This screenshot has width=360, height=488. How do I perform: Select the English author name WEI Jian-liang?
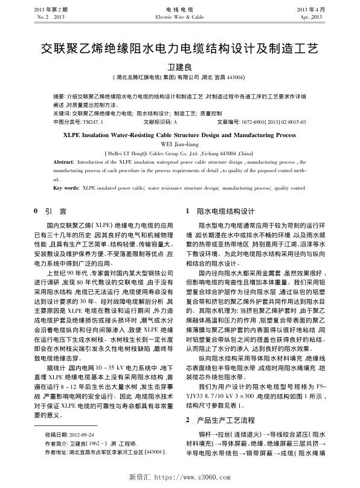tap(179, 145)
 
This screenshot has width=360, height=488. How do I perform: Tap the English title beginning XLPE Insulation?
tap(179, 136)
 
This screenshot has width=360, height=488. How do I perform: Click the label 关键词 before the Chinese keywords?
tap(61, 113)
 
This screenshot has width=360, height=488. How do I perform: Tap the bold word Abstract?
tap(63, 163)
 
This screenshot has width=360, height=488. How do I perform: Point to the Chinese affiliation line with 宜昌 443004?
tap(179, 77)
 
